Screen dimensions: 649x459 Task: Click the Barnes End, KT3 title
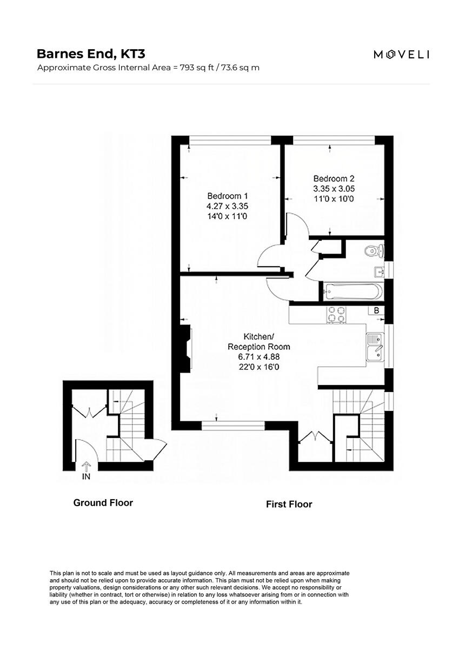91,54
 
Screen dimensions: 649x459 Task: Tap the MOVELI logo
401,54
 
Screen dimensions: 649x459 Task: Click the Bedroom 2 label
334,178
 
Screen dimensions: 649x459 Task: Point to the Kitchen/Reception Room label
258,341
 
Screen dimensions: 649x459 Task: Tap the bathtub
352,292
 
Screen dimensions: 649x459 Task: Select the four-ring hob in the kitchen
337,315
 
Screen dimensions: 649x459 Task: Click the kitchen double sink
375,347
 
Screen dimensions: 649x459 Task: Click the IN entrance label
85,478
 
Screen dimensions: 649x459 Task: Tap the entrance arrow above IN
85,467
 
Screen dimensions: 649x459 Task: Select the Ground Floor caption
103,502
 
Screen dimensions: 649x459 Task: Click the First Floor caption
289,504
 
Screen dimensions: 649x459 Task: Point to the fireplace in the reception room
185,349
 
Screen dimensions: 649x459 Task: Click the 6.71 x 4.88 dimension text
258,357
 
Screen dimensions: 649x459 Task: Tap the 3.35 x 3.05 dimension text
334,189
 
